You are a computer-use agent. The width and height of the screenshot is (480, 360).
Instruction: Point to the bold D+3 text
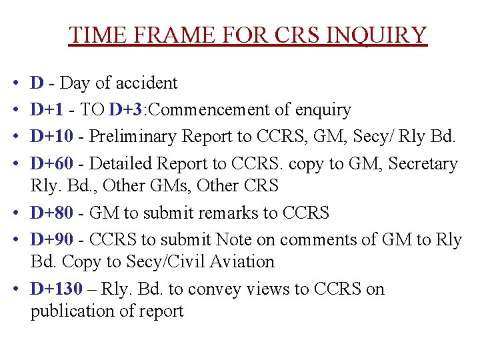pos(123,110)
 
